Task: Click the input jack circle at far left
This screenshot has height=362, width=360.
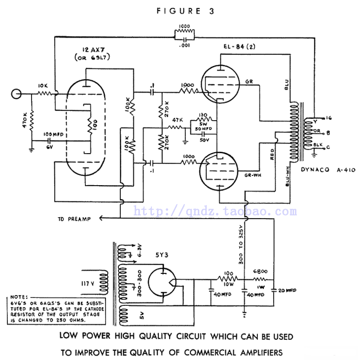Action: (17, 92)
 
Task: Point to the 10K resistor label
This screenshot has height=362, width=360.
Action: (42, 85)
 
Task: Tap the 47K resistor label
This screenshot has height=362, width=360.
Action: (176, 121)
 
